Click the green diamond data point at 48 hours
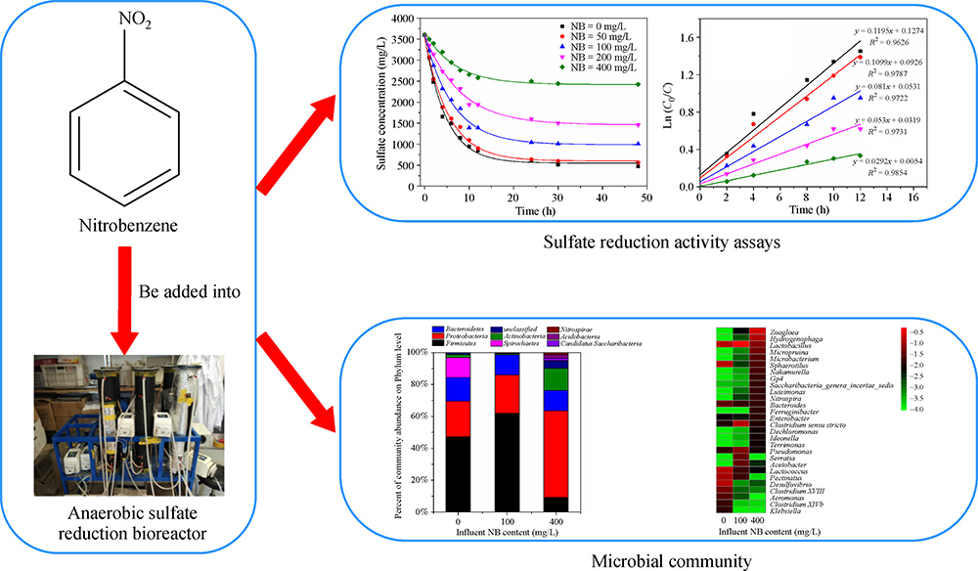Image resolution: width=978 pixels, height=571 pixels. [638, 84]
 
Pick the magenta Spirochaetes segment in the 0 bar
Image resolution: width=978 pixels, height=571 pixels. [458, 367]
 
